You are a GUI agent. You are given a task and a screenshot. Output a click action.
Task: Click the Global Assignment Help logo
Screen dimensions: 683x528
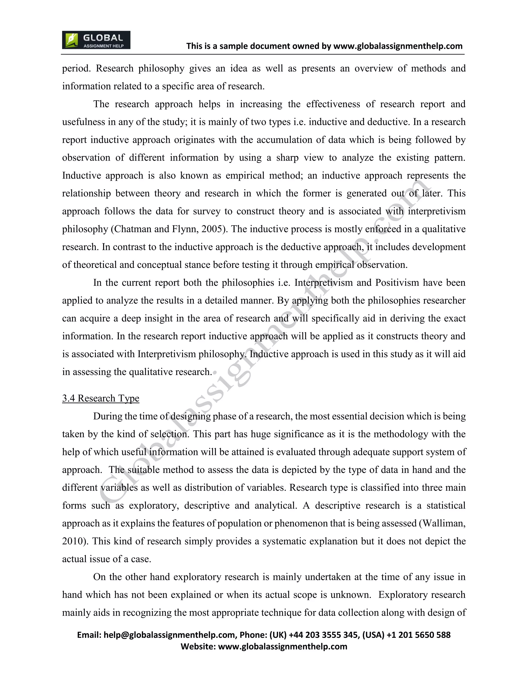[96, 40]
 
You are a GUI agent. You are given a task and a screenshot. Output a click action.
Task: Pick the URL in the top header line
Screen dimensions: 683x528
[398, 46]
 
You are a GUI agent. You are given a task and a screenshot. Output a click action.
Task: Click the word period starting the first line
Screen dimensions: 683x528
[76, 68]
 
